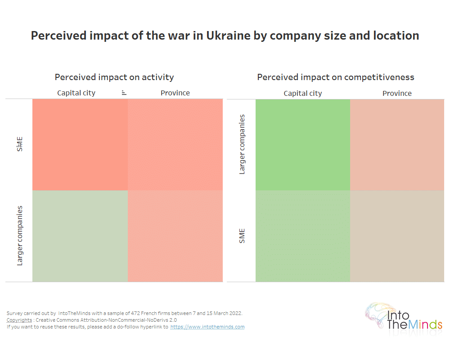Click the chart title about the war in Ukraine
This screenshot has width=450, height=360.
(225, 36)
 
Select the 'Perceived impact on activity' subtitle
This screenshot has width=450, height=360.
(114, 77)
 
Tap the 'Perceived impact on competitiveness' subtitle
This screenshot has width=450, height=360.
(335, 77)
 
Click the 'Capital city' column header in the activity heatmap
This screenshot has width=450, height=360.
(76, 93)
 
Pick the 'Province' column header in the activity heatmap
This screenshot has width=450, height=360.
(175, 93)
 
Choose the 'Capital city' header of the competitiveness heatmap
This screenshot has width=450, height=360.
(302, 94)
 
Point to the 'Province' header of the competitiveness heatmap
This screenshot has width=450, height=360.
(397, 94)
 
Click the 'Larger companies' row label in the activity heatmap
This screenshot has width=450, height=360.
(20, 236)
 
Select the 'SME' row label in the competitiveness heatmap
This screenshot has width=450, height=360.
(243, 236)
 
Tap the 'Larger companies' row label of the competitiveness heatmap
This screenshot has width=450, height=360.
(243, 144)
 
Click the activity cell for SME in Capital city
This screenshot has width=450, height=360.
(80, 144)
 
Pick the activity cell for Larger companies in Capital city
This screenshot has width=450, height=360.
(80, 236)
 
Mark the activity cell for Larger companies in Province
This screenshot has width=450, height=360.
(175, 236)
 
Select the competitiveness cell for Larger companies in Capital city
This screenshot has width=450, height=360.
(302, 144)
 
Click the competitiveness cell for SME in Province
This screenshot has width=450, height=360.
(397, 236)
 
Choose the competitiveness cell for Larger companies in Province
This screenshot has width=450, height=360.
(397, 144)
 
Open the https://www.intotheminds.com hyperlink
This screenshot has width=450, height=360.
(207, 327)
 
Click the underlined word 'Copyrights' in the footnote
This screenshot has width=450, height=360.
(19, 320)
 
